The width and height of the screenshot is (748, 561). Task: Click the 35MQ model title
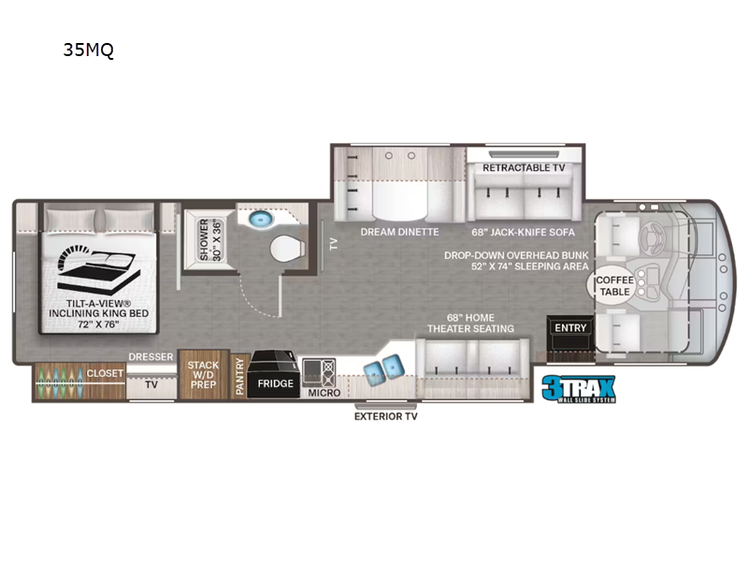88,51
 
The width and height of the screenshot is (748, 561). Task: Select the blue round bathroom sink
259,220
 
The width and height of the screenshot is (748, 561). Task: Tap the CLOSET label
104,373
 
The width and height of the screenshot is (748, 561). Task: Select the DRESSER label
150,356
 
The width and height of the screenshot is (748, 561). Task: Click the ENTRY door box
569,328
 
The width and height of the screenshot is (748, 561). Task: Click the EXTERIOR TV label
385,416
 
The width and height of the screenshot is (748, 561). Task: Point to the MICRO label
324,393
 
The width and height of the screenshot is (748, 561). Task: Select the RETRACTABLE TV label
524,168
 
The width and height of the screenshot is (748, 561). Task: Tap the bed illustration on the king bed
96,265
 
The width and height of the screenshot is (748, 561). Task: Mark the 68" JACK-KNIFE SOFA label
524,231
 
